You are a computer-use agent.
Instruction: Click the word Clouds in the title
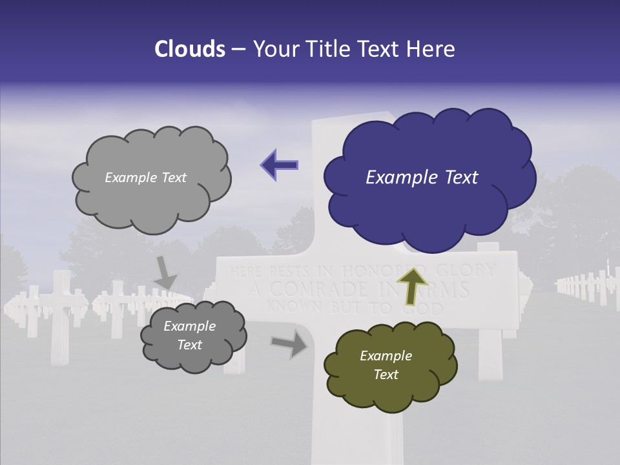click(x=191, y=49)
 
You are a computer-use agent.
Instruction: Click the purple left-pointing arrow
click(x=279, y=165)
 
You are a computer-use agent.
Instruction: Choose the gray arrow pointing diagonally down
click(x=165, y=273)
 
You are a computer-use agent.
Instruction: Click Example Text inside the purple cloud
click(x=422, y=178)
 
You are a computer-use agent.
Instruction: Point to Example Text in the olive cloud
click(x=386, y=365)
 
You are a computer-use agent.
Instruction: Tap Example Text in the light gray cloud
click(x=145, y=178)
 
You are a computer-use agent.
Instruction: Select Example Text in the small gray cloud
click(x=189, y=336)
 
